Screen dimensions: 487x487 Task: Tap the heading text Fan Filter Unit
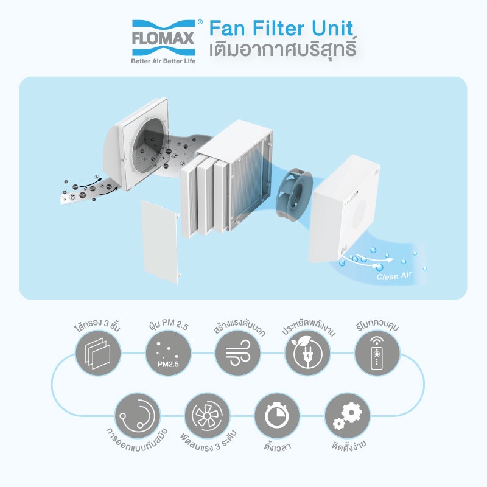[281, 29]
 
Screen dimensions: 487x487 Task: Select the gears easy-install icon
[346, 415]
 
